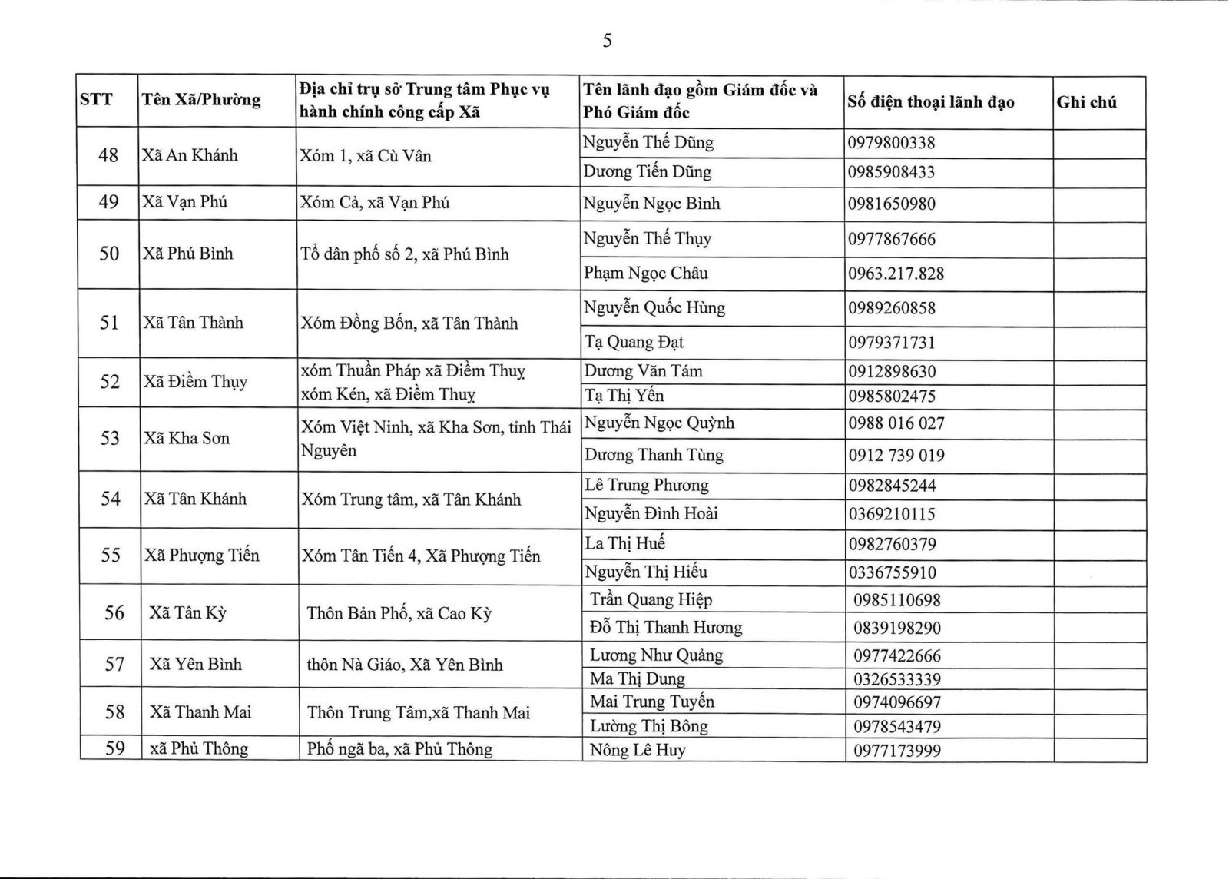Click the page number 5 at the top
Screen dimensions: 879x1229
[607, 41]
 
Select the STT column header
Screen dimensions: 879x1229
[96, 99]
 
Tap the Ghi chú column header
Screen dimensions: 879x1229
[1086, 101]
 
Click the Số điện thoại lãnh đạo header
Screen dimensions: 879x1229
[931, 101]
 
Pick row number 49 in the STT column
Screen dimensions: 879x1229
[108, 202]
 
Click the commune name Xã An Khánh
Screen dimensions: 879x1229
[190, 155]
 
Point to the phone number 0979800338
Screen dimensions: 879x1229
[891, 143]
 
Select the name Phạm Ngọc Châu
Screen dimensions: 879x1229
[645, 273]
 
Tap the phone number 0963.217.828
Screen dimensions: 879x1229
[896, 274]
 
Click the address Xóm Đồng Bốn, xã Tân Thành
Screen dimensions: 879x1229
[409, 323]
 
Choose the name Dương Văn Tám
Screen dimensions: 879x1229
[643, 371]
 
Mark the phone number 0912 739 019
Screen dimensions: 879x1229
[896, 455]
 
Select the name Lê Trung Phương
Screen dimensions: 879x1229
[646, 485]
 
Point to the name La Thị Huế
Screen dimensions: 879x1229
[624, 543]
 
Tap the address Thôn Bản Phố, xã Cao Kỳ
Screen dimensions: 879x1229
[399, 613]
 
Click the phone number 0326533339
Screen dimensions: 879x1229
[896, 679]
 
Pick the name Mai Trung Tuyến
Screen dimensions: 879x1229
[651, 702]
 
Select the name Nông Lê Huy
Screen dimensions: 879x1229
[637, 750]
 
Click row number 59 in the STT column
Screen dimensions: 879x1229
[114, 748]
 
